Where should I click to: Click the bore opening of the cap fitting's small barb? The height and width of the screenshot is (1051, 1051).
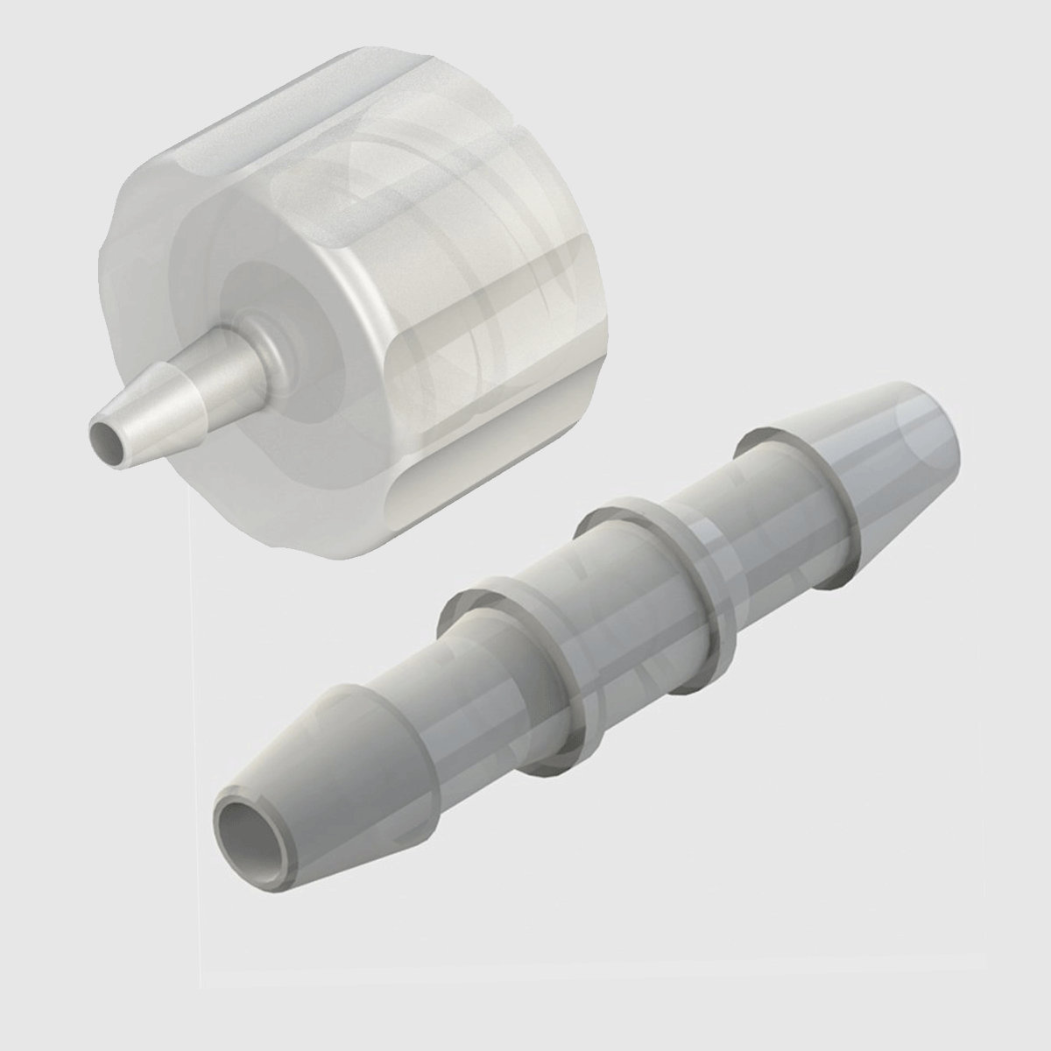pyautogui.click(x=104, y=435)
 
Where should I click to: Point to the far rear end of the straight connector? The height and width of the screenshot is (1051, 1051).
pyautogui.click(x=950, y=420)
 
